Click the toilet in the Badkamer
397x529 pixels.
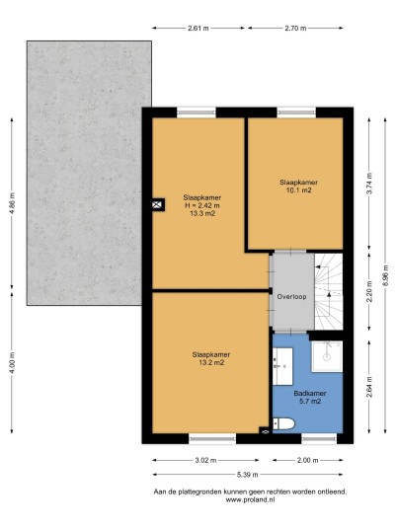283,424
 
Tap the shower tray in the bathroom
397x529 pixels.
327,356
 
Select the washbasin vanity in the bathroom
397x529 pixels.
282,366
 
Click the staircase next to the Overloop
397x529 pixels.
329,291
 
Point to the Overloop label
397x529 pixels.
291,296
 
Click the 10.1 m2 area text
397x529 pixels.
298,190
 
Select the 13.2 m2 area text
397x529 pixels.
211,362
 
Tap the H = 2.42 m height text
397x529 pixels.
202,205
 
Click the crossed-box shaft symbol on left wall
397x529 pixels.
157,204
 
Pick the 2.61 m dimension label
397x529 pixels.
198,29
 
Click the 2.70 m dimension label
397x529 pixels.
295,29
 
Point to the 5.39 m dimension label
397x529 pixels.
248,475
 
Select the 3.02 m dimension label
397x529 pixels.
205,460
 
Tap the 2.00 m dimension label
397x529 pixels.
307,460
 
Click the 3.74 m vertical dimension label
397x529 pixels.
369,184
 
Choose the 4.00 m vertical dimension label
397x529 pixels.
12,362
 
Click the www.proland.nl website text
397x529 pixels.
250,500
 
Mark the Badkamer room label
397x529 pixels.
310,394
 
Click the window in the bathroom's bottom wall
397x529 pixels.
319,438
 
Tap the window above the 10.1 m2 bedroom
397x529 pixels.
296,113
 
